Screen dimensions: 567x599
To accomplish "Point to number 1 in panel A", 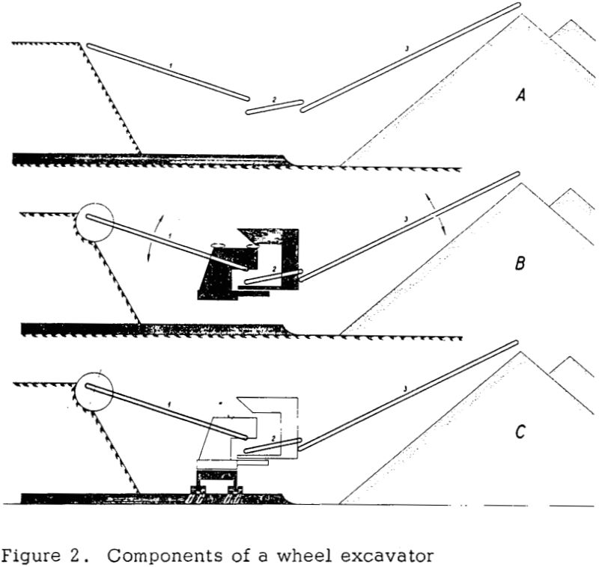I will click(171, 67).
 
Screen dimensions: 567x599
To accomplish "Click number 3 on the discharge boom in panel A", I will click(405, 49).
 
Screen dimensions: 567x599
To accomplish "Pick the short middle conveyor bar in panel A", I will click(275, 108).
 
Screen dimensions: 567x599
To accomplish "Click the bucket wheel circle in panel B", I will click(92, 221).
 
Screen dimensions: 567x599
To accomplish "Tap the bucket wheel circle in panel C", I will click(92, 390).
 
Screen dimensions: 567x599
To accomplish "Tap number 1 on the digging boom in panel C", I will click(170, 404).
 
